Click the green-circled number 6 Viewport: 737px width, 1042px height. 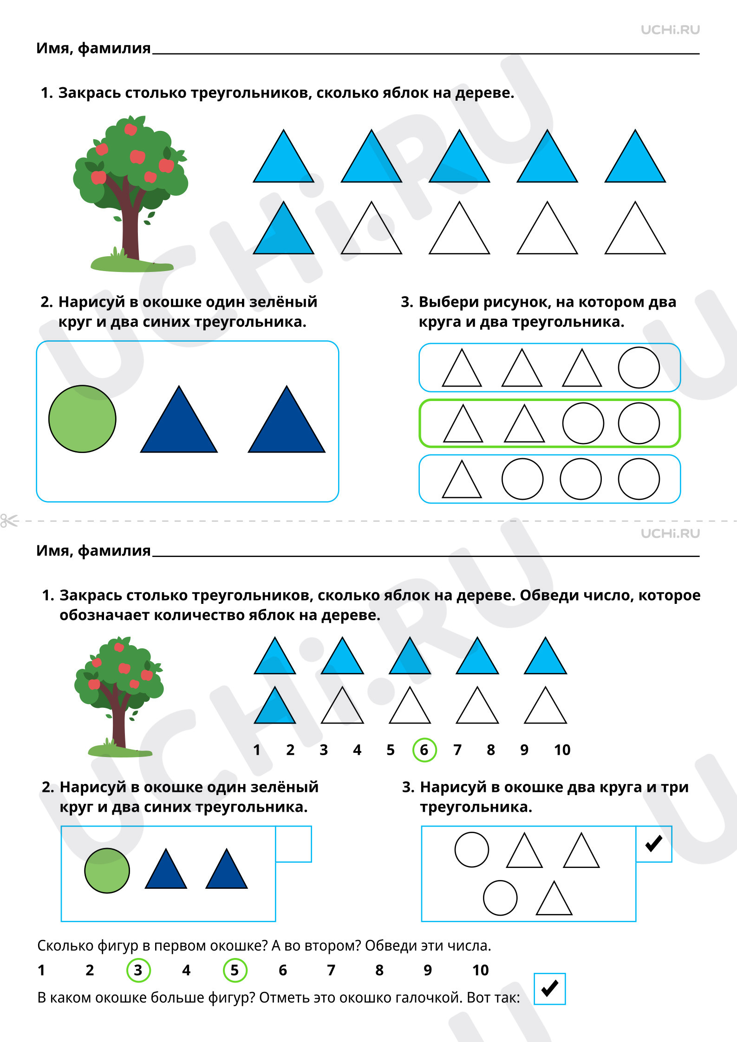coord(424,750)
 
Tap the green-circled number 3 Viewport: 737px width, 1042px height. coord(138,970)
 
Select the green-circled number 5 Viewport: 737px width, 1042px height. coord(235,970)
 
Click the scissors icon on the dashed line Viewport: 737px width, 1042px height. coord(9,521)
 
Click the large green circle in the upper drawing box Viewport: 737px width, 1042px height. coord(82,419)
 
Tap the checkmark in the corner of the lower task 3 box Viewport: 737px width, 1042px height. coord(654,843)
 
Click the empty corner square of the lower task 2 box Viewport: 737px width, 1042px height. coord(293,844)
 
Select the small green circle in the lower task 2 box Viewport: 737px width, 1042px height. coord(107,871)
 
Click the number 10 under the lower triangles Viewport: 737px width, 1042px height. coord(562,750)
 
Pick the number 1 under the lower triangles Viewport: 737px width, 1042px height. coord(256,750)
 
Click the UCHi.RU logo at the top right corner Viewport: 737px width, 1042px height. coord(670,30)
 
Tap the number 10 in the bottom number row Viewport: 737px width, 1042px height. coord(481,970)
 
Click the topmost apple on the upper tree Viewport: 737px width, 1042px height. coord(130,129)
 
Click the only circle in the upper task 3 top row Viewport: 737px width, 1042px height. coord(639,368)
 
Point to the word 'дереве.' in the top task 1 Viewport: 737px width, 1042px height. coord(485,93)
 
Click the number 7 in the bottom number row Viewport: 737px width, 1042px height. coord(331,970)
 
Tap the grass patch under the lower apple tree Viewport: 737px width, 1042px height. coord(120,751)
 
